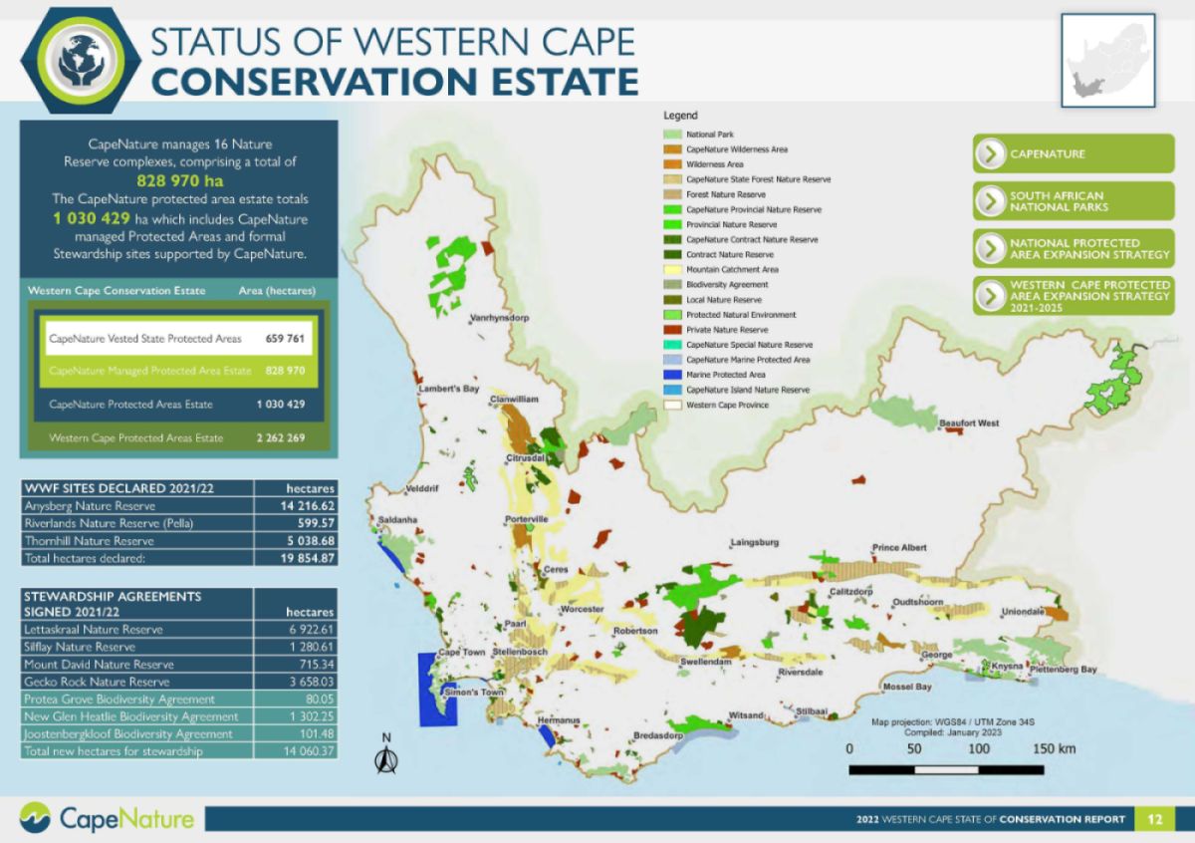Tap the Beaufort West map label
click(969, 423)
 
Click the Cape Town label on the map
click(461, 652)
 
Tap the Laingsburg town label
click(754, 543)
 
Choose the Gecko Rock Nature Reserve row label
click(96, 682)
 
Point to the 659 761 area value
click(285, 339)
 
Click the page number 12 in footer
click(1154, 819)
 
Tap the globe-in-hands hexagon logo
click(76, 56)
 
